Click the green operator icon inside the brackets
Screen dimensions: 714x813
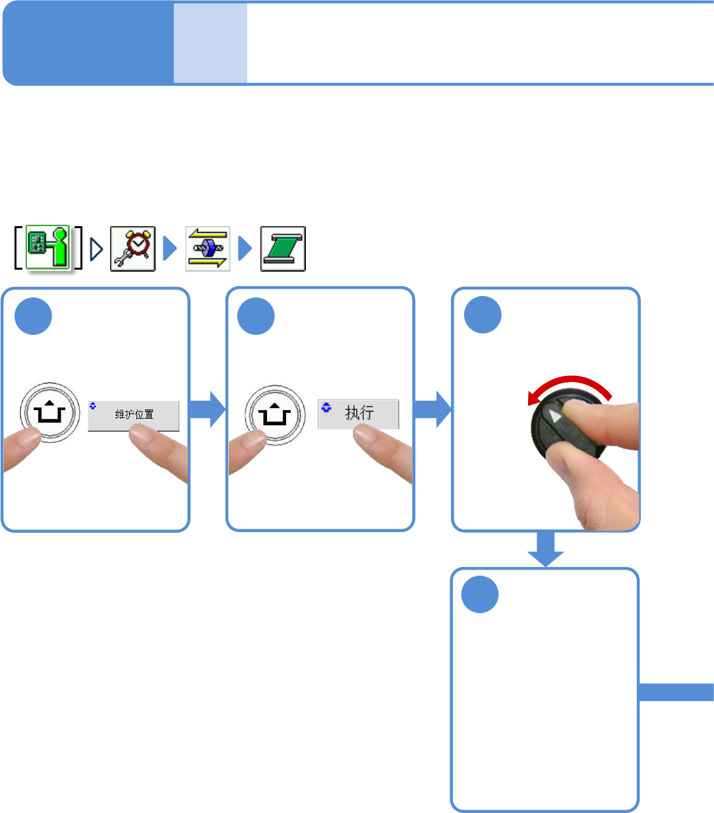[48, 248]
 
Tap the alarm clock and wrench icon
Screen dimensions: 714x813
[133, 249]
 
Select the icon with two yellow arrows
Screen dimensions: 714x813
[208, 249]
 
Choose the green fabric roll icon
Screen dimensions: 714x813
[283, 249]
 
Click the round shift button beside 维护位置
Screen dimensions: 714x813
[49, 413]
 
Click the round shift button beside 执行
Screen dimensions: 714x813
[275, 415]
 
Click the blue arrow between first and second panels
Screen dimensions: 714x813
[208, 409]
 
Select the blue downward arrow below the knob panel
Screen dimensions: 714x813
[545, 549]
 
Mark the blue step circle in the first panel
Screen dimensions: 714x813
[34, 316]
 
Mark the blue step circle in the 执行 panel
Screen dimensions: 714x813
[256, 316]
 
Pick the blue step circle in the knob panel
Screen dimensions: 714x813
[483, 315]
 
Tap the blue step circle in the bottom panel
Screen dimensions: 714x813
[480, 595]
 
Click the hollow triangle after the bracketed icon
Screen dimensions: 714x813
[96, 249]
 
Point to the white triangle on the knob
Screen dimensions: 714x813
[556, 417]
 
